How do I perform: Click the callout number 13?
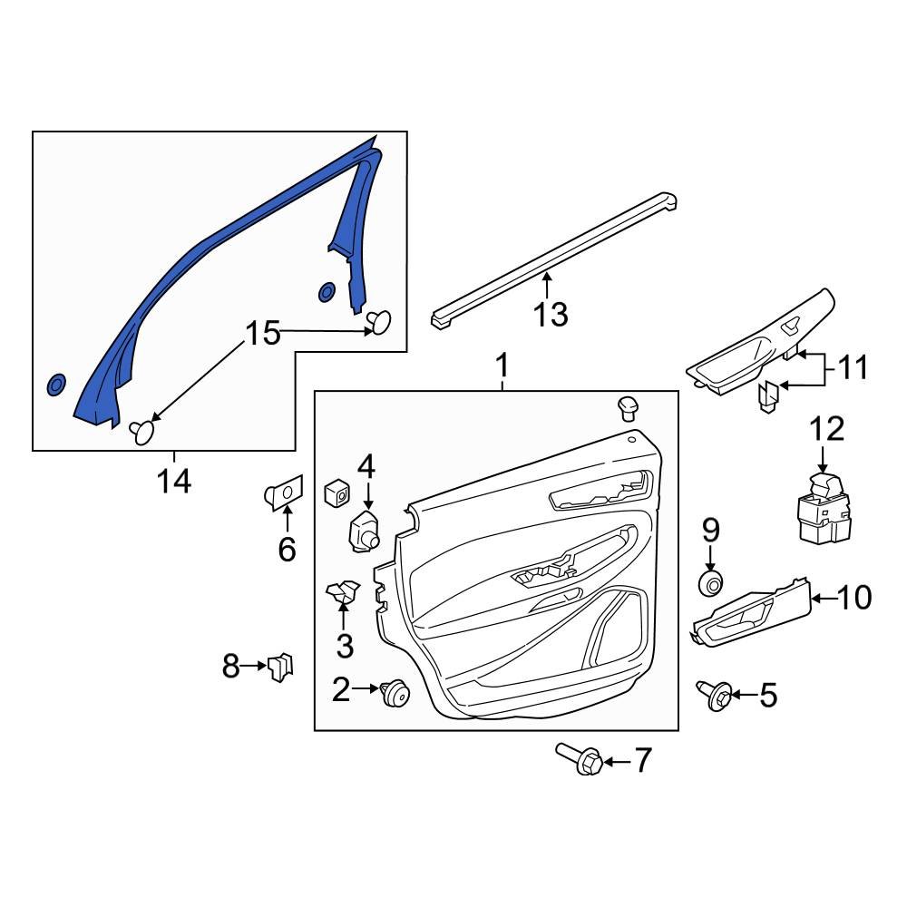click(550, 314)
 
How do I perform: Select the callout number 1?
click(502, 366)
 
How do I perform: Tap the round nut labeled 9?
click(710, 582)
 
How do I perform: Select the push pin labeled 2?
click(395, 693)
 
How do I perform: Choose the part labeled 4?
click(366, 530)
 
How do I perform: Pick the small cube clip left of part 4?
click(336, 493)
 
